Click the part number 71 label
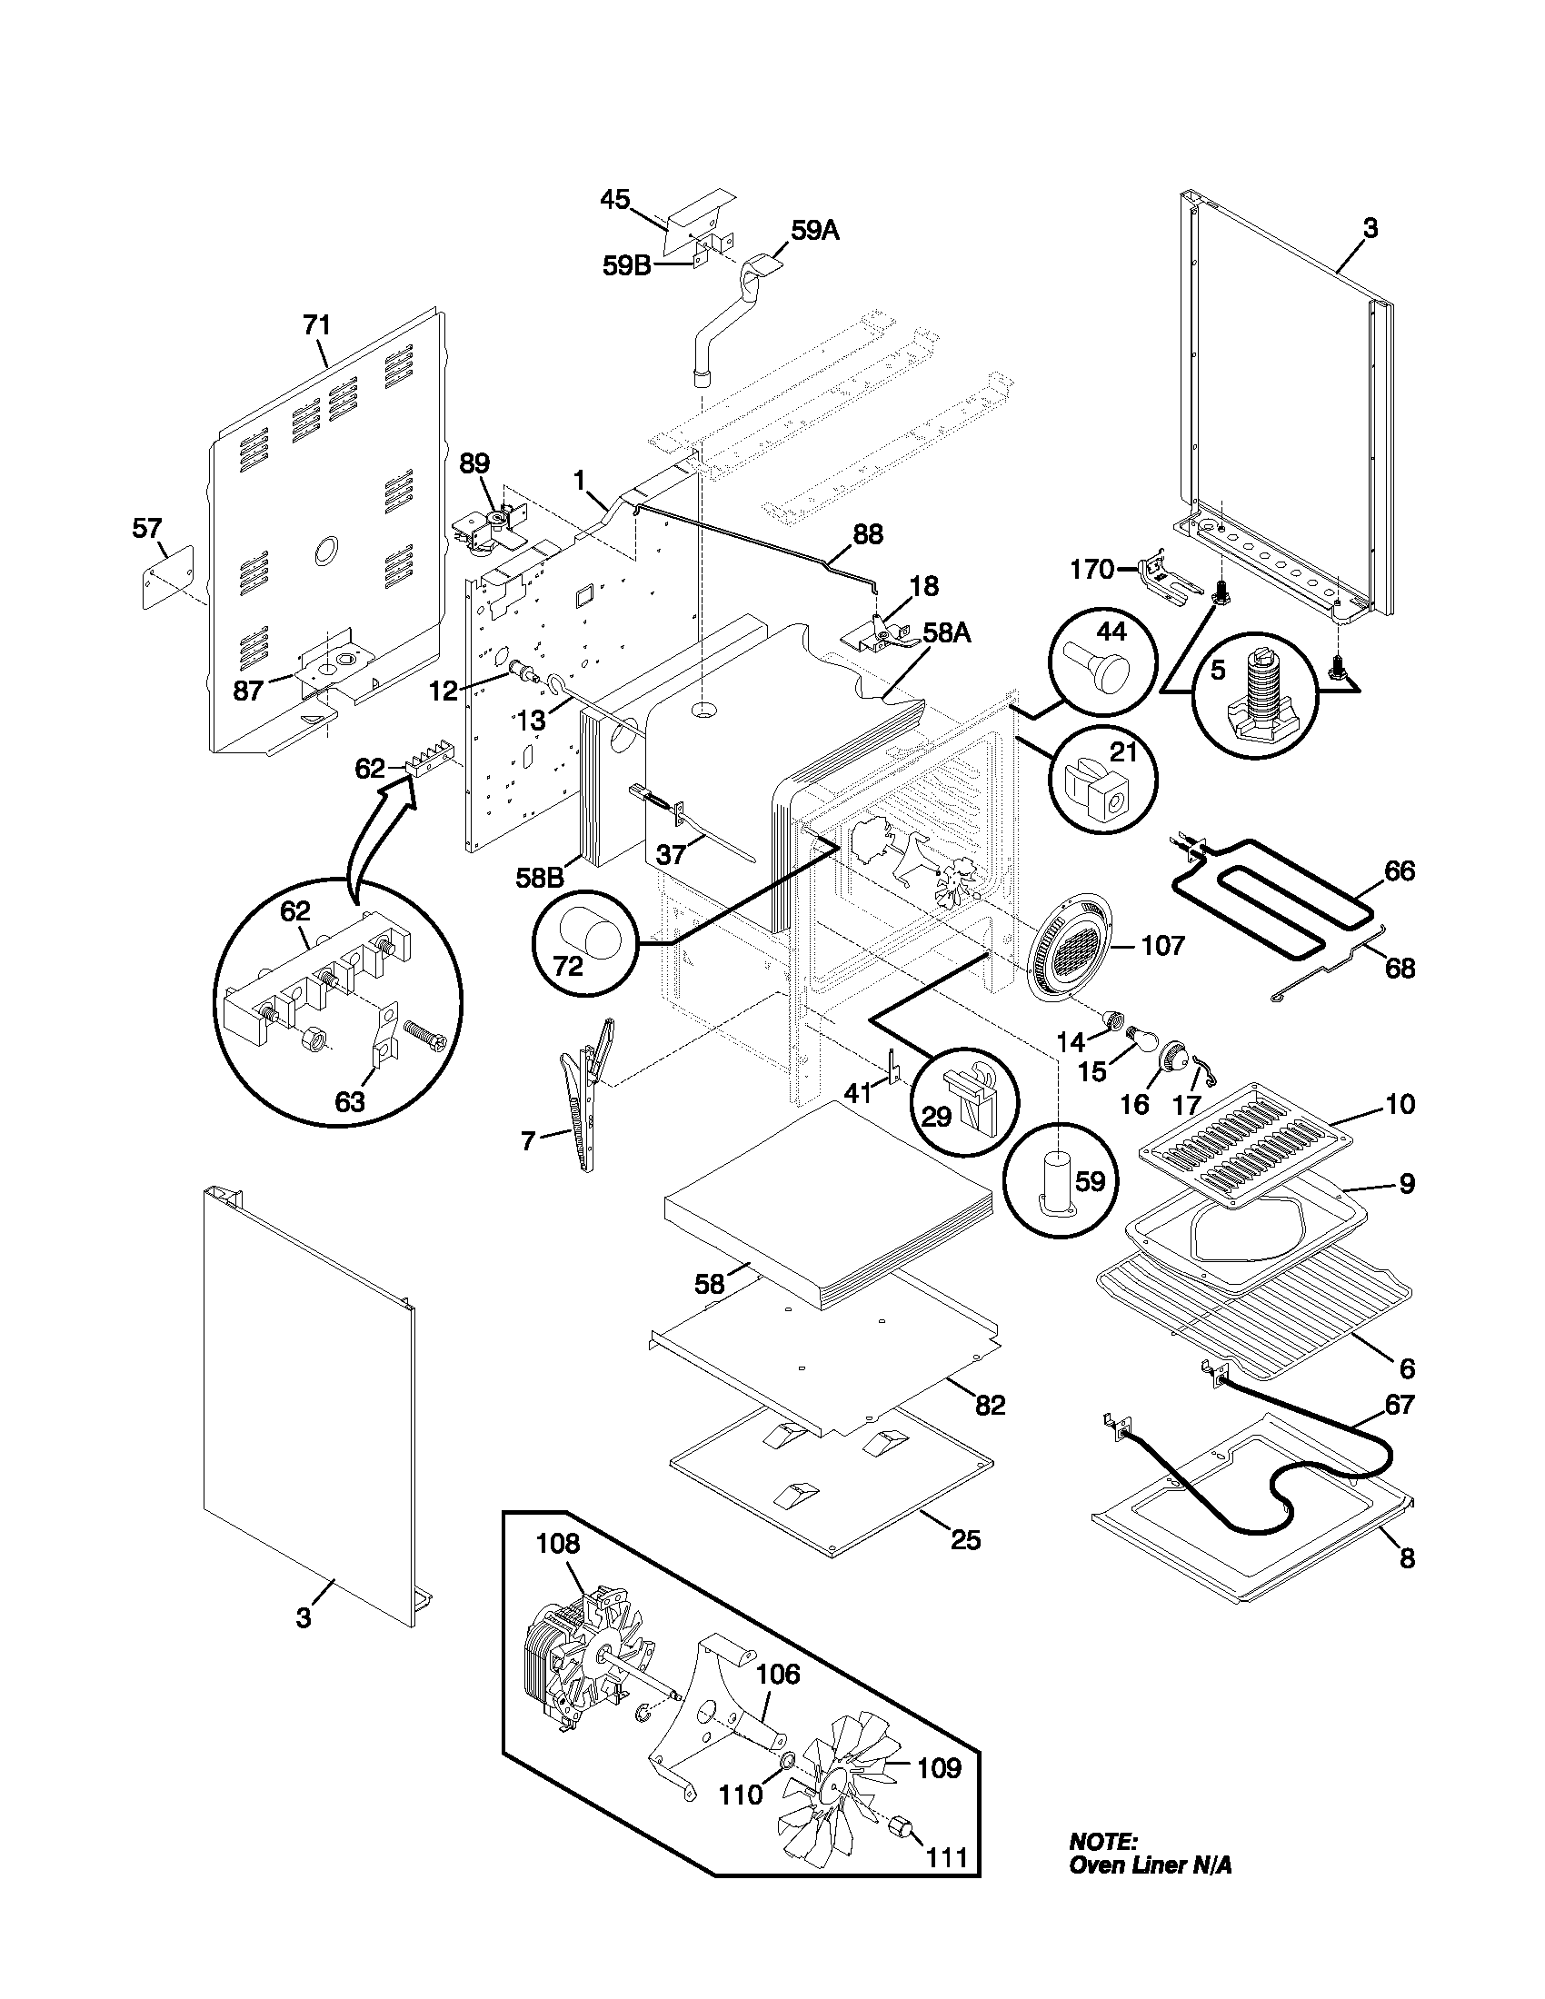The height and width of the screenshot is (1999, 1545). (x=316, y=325)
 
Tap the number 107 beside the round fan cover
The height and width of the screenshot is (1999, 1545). (x=1162, y=945)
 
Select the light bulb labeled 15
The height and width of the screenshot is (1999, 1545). (x=1141, y=1036)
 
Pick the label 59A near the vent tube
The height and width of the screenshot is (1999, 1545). (x=814, y=232)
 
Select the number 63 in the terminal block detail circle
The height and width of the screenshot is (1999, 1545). (x=351, y=1101)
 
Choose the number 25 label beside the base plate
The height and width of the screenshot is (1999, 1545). (x=965, y=1540)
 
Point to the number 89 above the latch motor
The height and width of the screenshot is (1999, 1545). (x=474, y=463)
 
